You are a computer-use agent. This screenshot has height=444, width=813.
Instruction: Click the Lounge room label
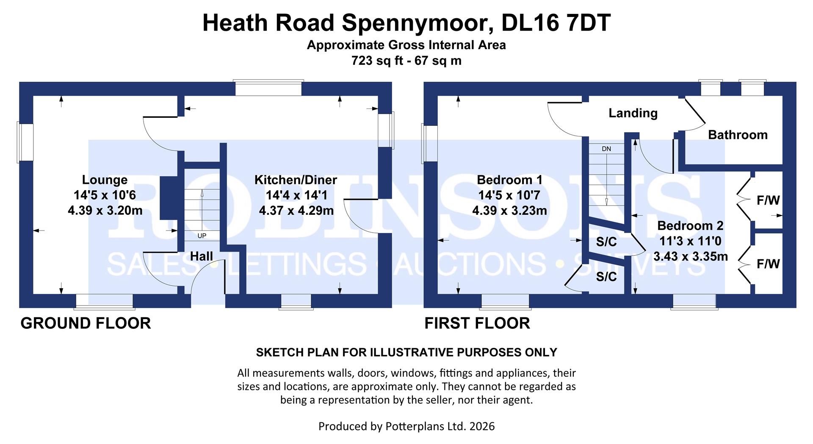pyautogui.click(x=105, y=180)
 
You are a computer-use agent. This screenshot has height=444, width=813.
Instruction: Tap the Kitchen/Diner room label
pyautogui.click(x=296, y=180)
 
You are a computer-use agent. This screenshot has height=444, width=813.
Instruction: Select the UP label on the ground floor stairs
pyautogui.click(x=202, y=236)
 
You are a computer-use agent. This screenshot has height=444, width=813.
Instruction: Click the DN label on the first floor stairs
pyautogui.click(x=606, y=149)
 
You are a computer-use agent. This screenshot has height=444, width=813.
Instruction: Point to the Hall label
pyautogui.click(x=201, y=256)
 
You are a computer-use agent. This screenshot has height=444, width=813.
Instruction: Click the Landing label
pyautogui.click(x=633, y=113)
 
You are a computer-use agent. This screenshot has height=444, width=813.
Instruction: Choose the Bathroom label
pyautogui.click(x=738, y=135)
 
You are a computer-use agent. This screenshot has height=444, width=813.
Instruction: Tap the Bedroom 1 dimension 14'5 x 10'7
pyautogui.click(x=509, y=195)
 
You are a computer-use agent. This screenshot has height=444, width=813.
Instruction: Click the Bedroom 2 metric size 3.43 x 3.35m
pyautogui.click(x=690, y=256)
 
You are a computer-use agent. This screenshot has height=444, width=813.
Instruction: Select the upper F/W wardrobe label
pyautogui.click(x=768, y=200)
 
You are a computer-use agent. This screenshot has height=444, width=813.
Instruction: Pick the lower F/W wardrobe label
pyautogui.click(x=768, y=264)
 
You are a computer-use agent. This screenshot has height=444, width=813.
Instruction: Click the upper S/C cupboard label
pyautogui.click(x=606, y=242)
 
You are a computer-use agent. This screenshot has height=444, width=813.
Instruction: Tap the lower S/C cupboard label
pyautogui.click(x=606, y=277)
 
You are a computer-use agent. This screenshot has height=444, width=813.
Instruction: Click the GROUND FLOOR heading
pyautogui.click(x=86, y=323)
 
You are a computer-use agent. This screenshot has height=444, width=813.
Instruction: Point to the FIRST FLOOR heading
pyautogui.click(x=477, y=323)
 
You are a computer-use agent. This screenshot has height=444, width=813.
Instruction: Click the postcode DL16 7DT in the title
pyautogui.click(x=556, y=23)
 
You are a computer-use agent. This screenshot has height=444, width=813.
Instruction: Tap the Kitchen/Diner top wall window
pyautogui.click(x=268, y=88)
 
